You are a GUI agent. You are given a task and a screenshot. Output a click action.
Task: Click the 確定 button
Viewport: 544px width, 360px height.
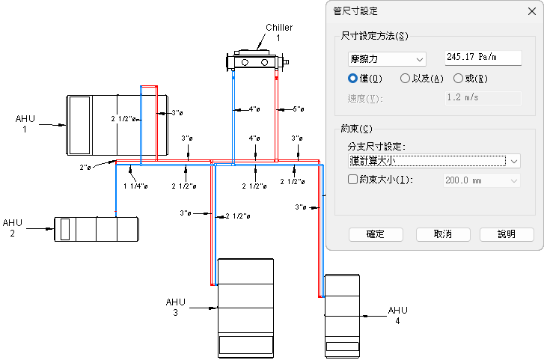(x=376, y=234)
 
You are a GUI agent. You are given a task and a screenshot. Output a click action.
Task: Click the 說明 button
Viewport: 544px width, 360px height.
(x=507, y=234)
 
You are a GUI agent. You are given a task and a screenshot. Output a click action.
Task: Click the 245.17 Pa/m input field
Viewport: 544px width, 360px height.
(x=482, y=58)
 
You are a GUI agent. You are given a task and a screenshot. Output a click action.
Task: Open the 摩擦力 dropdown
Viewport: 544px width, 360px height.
(x=387, y=58)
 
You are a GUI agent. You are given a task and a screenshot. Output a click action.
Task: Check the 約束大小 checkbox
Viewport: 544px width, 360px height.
(x=354, y=180)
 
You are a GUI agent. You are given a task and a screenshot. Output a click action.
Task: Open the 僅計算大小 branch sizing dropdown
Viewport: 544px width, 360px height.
(x=434, y=160)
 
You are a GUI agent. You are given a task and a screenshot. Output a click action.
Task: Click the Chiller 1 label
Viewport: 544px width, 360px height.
(x=278, y=32)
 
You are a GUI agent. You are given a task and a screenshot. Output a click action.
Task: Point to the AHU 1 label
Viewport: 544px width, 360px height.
(x=25, y=123)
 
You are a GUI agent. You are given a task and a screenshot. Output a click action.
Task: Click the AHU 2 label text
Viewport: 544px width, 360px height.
(x=13, y=228)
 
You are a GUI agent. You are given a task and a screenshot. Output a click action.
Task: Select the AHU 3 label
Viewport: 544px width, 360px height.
(x=175, y=307)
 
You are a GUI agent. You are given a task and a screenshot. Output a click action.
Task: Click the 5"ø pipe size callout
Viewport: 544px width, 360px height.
(x=298, y=109)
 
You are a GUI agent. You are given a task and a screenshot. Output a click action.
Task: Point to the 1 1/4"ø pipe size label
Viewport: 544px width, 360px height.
(x=135, y=186)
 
